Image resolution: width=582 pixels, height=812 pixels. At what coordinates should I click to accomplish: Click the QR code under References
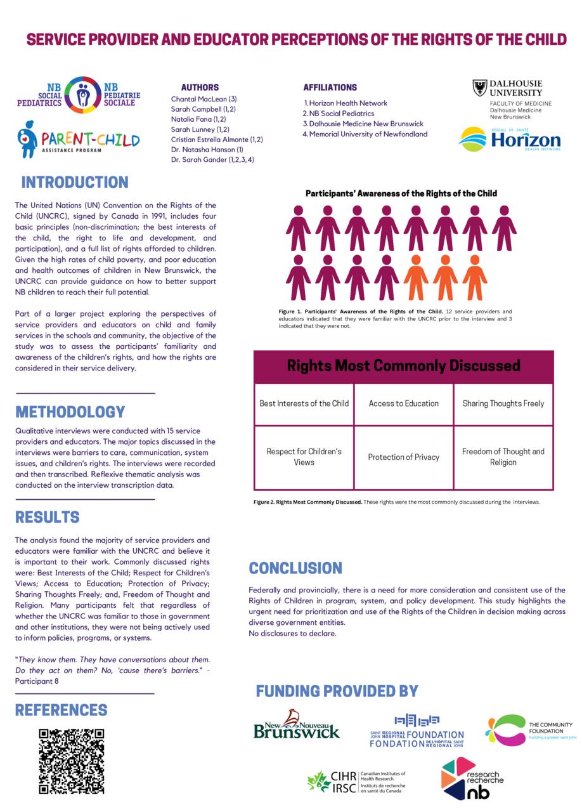click(71, 761)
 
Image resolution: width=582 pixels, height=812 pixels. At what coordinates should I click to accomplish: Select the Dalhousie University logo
click(512, 100)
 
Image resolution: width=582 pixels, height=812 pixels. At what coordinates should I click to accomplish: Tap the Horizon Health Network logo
click(509, 140)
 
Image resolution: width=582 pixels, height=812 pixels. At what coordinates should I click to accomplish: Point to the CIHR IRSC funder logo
click(356, 782)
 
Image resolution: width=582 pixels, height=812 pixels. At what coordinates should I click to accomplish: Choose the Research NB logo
click(472, 778)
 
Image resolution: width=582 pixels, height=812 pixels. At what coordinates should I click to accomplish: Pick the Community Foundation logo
click(531, 730)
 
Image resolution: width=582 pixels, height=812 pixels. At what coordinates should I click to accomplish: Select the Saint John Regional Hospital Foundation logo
click(417, 731)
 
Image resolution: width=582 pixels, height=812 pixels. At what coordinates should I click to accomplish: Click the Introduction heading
click(75, 183)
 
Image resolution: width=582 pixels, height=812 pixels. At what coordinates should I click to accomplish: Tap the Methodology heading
click(70, 412)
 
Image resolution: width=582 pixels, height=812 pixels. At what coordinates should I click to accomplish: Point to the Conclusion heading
click(295, 568)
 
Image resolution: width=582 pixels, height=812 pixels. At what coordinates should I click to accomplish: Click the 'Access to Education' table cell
click(404, 403)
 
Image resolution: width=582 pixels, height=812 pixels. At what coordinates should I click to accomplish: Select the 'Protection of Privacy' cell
click(404, 457)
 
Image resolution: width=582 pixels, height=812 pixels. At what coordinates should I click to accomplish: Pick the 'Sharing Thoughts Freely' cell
click(503, 403)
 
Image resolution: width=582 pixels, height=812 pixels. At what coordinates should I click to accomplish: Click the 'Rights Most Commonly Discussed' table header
click(404, 366)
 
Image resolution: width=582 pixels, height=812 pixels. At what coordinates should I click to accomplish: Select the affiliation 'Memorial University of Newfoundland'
click(368, 134)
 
